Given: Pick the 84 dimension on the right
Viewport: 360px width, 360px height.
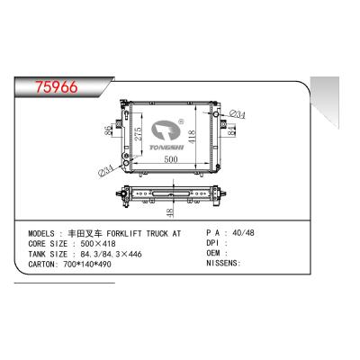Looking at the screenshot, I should [232, 132].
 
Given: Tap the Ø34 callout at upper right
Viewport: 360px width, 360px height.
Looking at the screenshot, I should [238, 113].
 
